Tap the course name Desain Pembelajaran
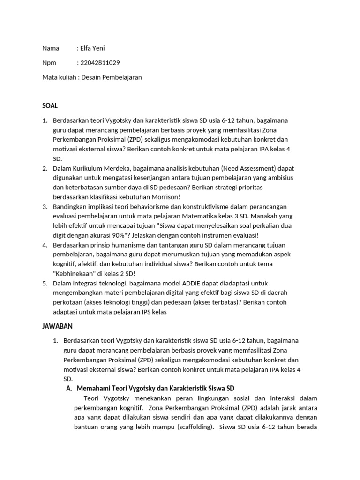tap(112, 77)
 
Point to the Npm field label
tap(49, 63)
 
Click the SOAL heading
tap(50, 106)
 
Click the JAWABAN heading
tap(58, 326)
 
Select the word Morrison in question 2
tap(163, 197)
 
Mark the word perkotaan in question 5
tap(67, 302)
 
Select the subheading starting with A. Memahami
tap(149, 389)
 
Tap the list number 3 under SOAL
tap(45, 207)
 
